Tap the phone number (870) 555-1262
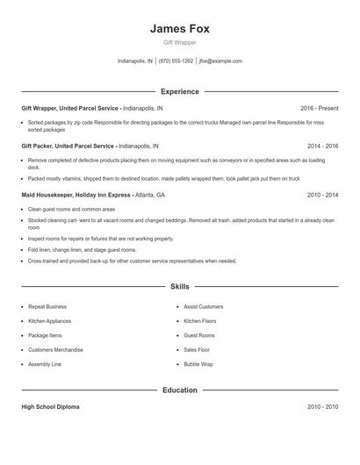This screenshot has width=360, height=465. click(176, 61)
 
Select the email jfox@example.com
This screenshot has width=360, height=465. click(221, 61)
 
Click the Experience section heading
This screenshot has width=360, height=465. click(179, 91)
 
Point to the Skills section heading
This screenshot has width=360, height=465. click(179, 286)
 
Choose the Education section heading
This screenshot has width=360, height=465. click(179, 390)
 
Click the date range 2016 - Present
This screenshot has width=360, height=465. click(319, 108)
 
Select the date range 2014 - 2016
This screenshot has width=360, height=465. click(322, 147)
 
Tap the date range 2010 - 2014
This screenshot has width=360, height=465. click(322, 195)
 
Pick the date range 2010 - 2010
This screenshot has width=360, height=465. click(322, 407)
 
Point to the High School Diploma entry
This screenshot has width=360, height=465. click(51, 407)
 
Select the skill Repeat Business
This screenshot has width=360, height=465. click(47, 307)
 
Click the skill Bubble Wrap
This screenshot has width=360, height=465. click(198, 363)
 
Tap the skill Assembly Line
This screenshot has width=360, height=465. click(45, 363)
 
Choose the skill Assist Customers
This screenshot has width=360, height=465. click(203, 307)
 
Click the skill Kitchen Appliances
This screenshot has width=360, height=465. click(49, 321)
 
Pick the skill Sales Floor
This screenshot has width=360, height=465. click(197, 349)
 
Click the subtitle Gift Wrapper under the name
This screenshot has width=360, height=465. click(179, 42)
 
